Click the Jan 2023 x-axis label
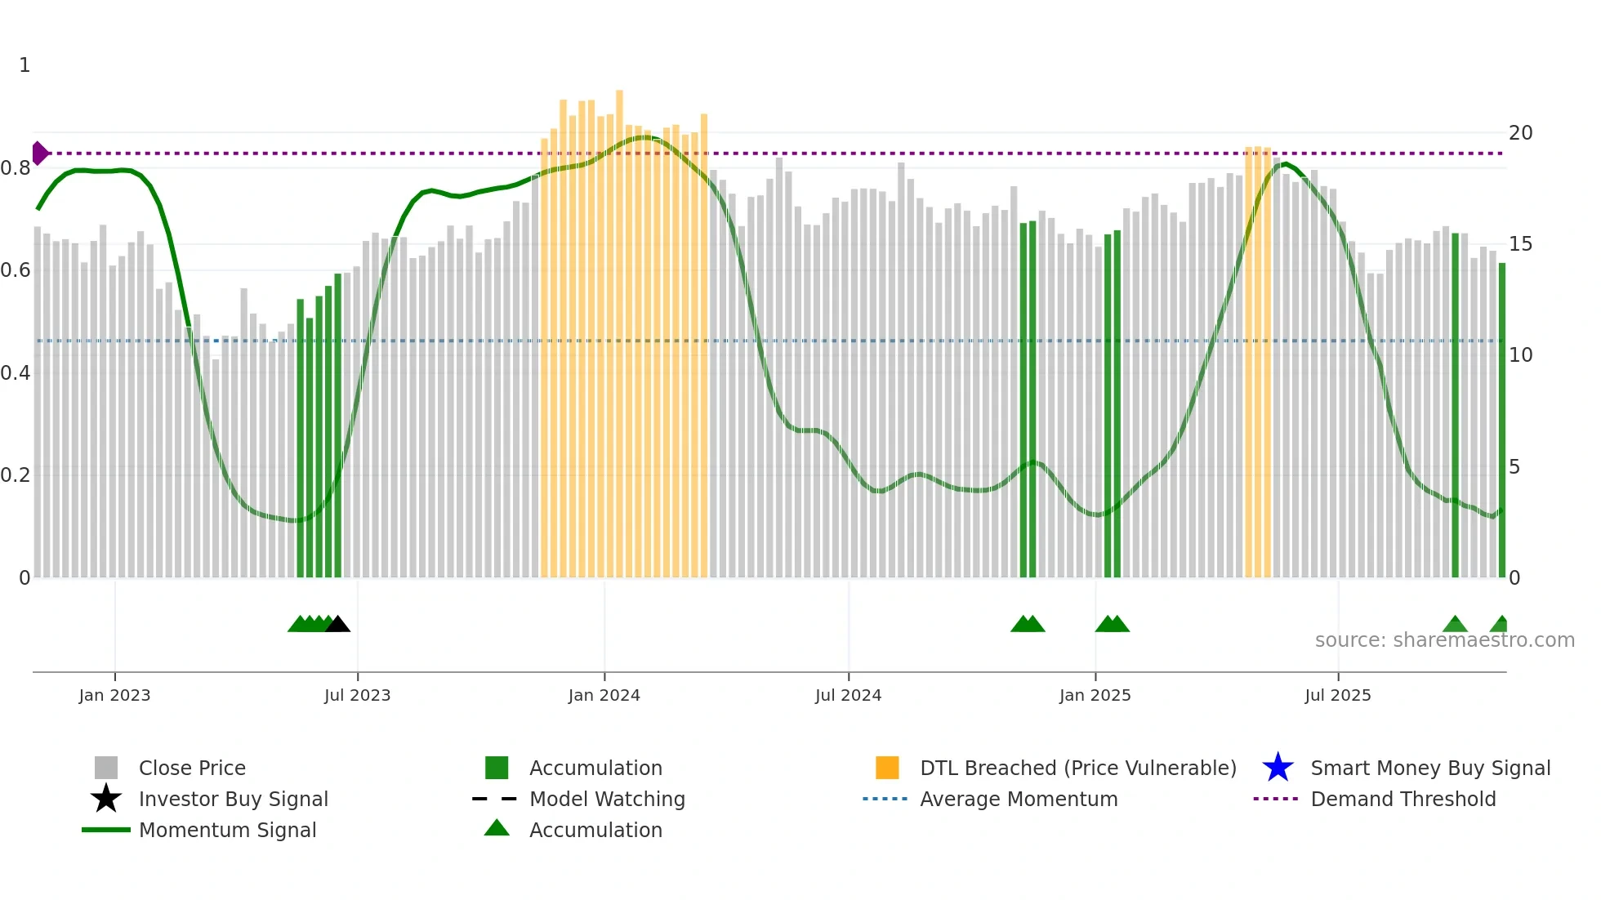point(114,695)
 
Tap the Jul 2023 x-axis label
point(357,695)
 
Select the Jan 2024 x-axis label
point(604,695)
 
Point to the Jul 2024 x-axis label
point(848,695)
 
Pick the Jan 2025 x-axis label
point(1095,695)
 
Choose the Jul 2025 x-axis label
point(1337,695)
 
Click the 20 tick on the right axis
point(1520,133)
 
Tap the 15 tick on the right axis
point(1520,244)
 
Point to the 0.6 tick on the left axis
point(16,270)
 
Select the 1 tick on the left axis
point(25,65)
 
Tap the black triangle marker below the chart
point(338,625)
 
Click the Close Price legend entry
point(192,768)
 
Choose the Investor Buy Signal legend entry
point(233,799)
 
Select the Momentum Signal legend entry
point(227,830)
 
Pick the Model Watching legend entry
point(607,799)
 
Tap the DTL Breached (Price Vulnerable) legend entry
point(1077,768)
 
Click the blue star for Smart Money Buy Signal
point(1278,768)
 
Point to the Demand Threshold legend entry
point(1403,799)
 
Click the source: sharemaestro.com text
point(1444,640)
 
